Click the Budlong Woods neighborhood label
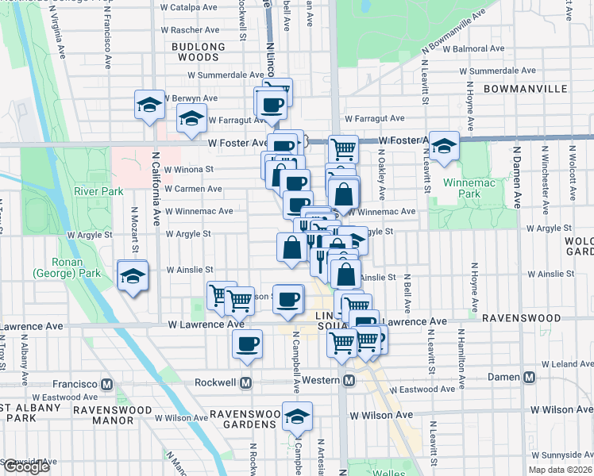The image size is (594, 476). coord(195,52)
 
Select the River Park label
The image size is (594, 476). coord(98,191)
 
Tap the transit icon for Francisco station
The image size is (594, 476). coord(107,382)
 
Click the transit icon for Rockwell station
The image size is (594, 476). coord(246,382)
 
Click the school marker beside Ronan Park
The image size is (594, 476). coord(132,276)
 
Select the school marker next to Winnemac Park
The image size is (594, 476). coord(445,145)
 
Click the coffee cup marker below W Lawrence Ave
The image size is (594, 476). coord(247,344)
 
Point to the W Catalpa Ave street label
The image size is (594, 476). coord(189,7)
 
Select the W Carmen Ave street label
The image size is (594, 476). coord(193,189)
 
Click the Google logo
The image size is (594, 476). coord(25,466)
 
